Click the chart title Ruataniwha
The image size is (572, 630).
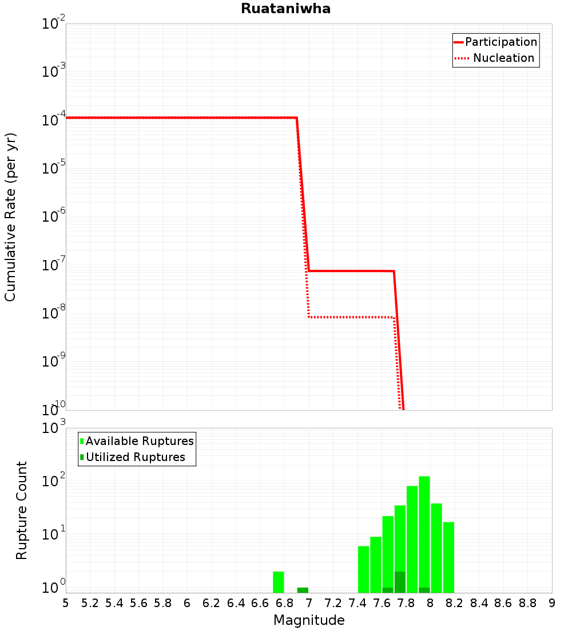click(285, 9)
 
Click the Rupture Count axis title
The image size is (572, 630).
click(22, 510)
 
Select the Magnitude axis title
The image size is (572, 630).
click(309, 620)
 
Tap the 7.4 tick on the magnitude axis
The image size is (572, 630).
click(357, 603)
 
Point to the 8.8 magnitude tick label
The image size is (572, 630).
click(527, 603)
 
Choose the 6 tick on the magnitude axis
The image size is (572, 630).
click(187, 603)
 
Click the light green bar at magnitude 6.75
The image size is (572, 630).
click(279, 582)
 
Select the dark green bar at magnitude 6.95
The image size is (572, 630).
click(303, 590)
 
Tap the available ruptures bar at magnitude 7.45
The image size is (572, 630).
click(364, 569)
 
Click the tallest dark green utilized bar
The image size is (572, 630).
click(400, 582)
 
